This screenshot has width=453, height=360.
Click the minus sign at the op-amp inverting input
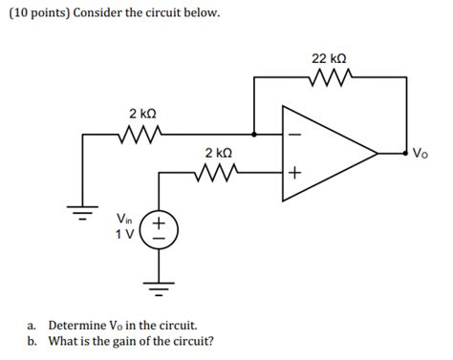tap(294, 135)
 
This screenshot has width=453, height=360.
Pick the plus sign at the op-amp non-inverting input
tap(294, 173)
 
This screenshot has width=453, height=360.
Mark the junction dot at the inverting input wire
tap(254, 135)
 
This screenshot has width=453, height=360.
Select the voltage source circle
tap(158, 229)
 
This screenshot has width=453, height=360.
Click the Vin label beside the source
tap(125, 219)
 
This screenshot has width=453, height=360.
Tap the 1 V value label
tap(125, 235)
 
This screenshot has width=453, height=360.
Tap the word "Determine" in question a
tap(80, 325)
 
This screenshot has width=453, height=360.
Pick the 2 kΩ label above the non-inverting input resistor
tap(217, 153)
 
